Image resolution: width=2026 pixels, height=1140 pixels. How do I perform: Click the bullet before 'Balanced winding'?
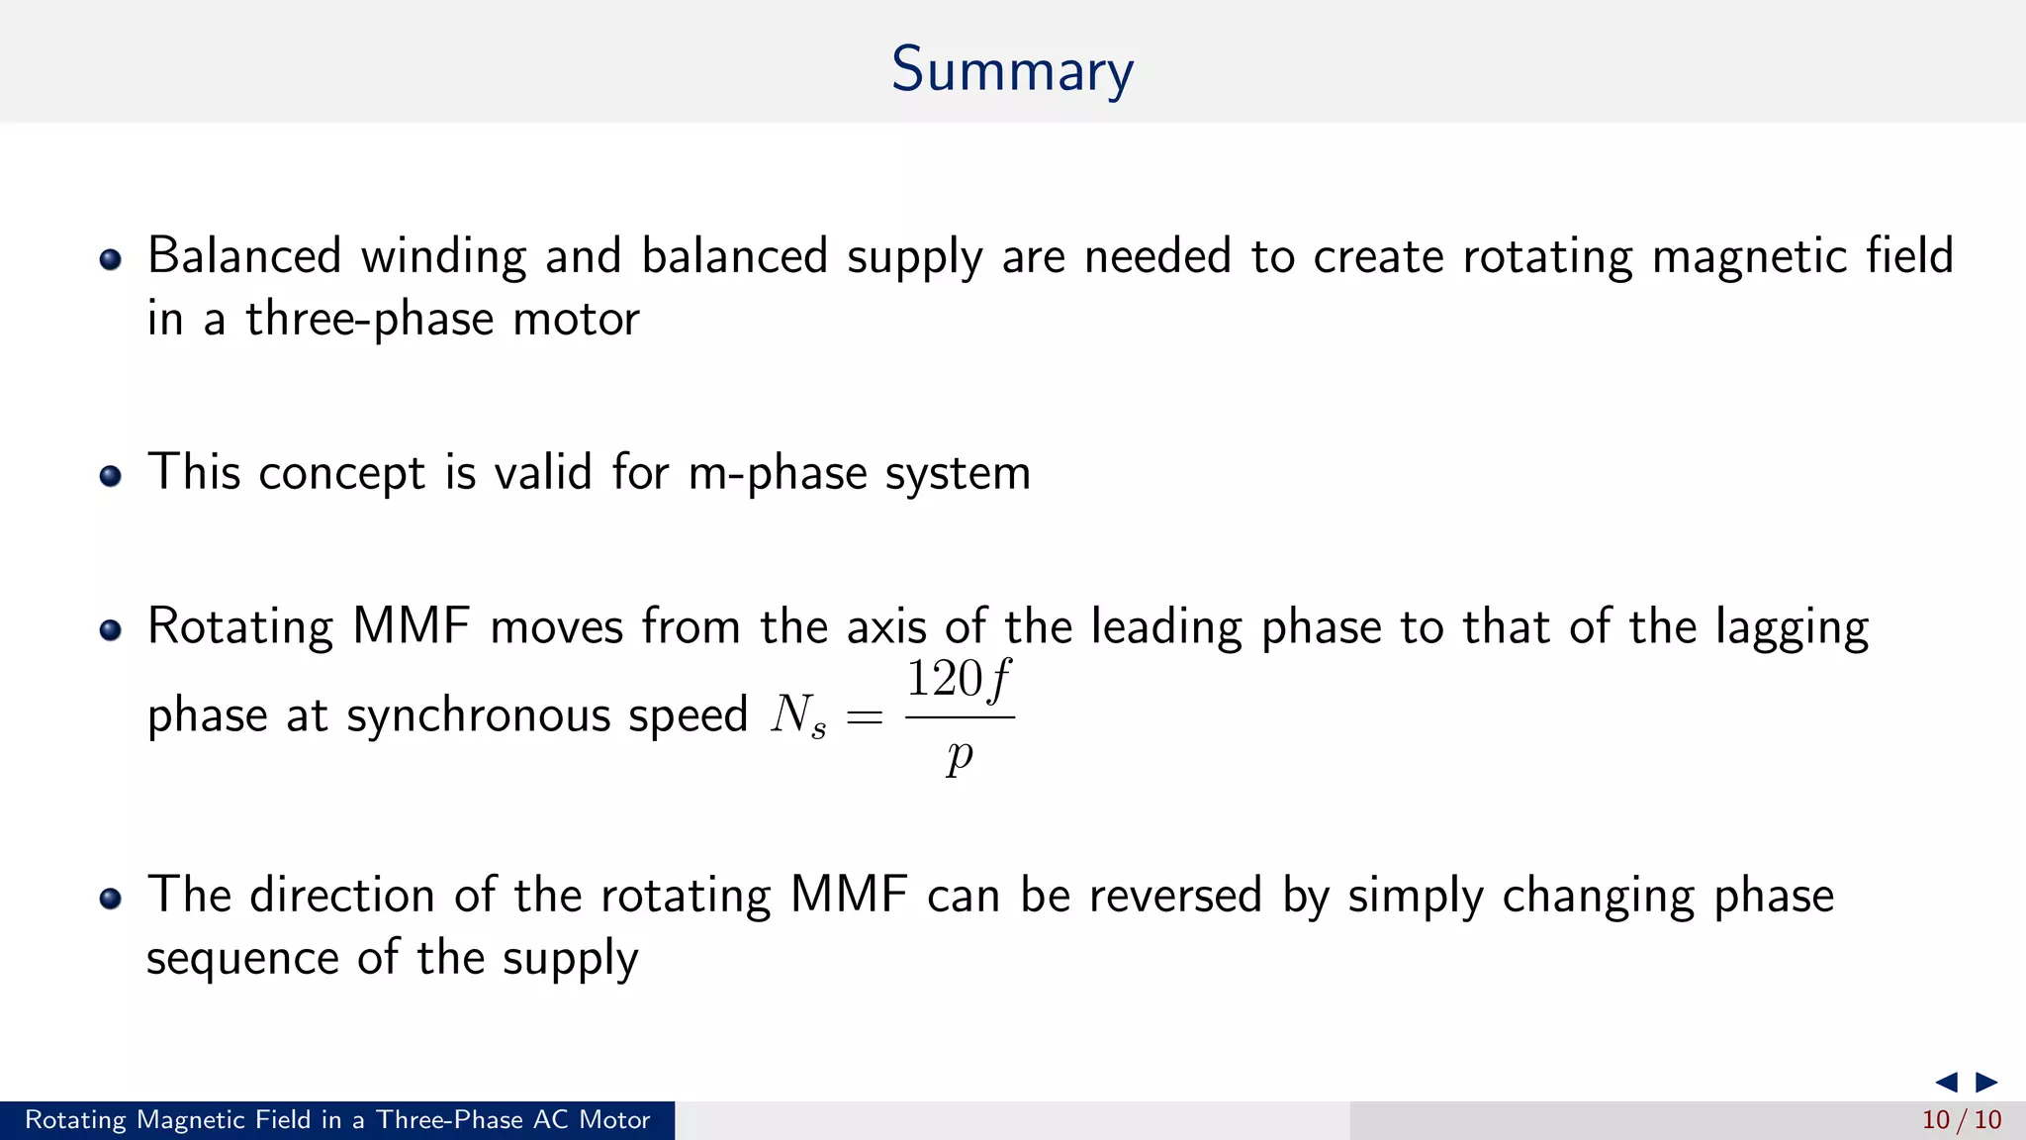point(111,260)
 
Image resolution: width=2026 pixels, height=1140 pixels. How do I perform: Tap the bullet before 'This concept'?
point(111,476)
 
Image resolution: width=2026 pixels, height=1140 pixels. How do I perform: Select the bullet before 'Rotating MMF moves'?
point(111,630)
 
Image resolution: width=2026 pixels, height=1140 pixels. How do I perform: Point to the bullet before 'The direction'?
point(111,899)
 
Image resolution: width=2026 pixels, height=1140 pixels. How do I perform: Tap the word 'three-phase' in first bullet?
point(369,320)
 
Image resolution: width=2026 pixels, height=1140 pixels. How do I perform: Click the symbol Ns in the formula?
point(797,714)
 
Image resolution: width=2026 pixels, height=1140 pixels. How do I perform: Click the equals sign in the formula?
point(864,717)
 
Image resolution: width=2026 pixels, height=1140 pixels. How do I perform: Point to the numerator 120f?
point(959,681)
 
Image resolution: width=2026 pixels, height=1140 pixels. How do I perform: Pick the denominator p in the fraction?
point(959,757)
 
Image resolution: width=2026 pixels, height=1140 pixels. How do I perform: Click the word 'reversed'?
point(1175,896)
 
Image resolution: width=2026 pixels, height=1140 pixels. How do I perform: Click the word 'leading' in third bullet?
point(1166,628)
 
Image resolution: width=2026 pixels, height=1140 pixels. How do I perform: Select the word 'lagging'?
point(1792,628)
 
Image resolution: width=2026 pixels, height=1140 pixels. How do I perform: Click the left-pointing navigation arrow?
point(1946,1082)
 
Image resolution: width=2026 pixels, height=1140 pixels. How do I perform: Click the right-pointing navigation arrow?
point(1986,1082)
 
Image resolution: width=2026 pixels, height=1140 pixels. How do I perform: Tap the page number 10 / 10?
point(1961,1120)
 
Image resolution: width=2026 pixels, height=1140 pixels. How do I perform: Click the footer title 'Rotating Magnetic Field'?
point(337,1120)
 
